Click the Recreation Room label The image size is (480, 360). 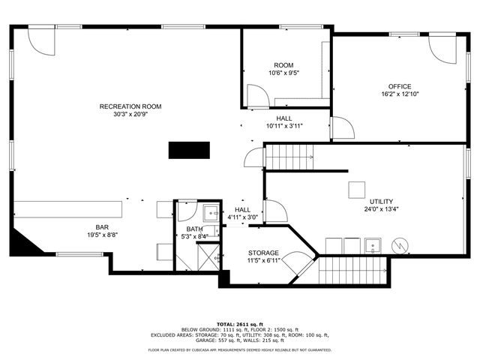130,106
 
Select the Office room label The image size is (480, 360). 399,86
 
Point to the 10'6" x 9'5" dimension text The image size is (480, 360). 283,73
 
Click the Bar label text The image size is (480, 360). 102,226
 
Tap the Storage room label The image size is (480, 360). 263,253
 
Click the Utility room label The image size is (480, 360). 381,202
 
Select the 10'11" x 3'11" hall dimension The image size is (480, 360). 284,126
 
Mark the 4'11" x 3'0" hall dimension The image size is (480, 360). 242,217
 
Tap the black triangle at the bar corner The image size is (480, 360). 21,244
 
